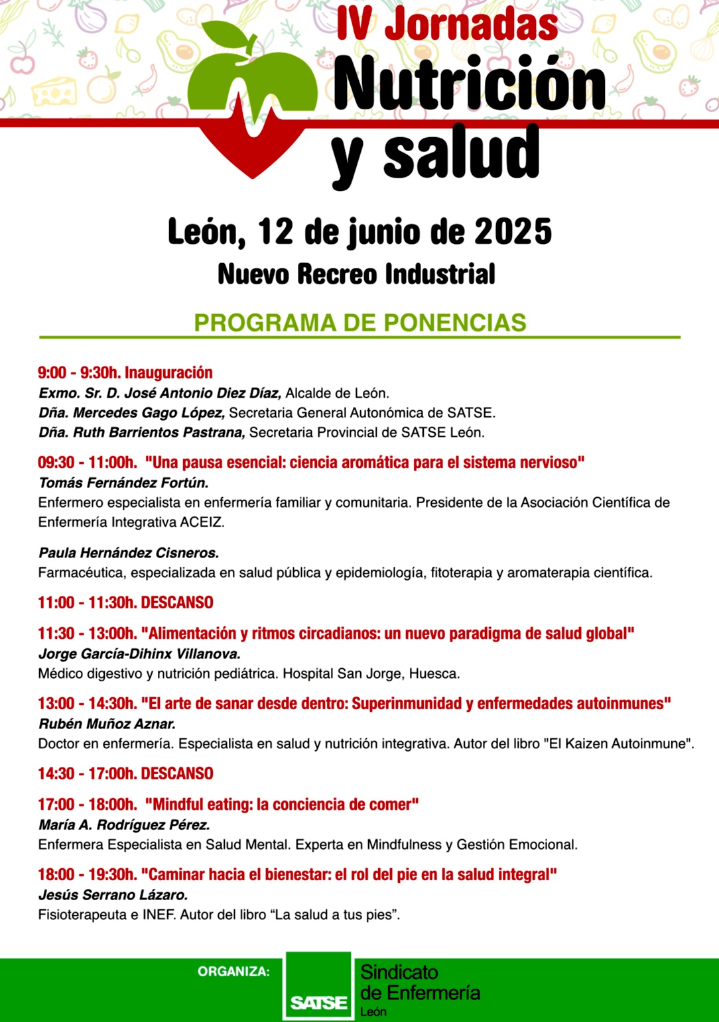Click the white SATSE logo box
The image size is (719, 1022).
pos(318,986)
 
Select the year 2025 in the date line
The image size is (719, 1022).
pos(513,232)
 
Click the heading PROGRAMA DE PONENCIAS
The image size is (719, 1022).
pos(359,323)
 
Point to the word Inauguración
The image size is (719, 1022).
pos(168,372)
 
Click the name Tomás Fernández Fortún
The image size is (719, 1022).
pos(123,483)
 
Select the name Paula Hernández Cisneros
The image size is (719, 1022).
pos(129,553)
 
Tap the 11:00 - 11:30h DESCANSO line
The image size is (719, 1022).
pos(125,602)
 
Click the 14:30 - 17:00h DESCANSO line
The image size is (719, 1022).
pos(125,773)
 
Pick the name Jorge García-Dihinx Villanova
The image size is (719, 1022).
pos(139,653)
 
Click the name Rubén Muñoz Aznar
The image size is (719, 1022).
pos(107,724)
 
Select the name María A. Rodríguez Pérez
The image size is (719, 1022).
pos(124,825)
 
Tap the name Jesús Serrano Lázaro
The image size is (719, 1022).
pos(113,895)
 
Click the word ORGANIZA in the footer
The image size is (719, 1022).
pos(233,972)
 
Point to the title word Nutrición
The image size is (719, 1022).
pos(470,85)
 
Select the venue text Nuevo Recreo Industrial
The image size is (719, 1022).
pos(356,274)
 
